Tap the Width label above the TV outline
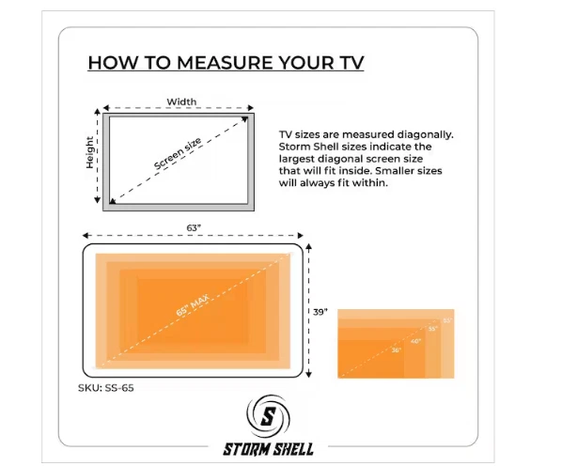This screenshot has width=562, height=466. click(181, 101)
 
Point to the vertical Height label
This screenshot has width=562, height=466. click(90, 152)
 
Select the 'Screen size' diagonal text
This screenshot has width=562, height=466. click(178, 154)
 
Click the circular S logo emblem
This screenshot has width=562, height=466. click(269, 416)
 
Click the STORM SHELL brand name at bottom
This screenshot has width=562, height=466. click(269, 449)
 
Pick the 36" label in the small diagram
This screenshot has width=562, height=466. click(396, 349)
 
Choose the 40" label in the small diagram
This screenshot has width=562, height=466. click(415, 340)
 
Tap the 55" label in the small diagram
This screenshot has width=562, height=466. click(432, 329)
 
